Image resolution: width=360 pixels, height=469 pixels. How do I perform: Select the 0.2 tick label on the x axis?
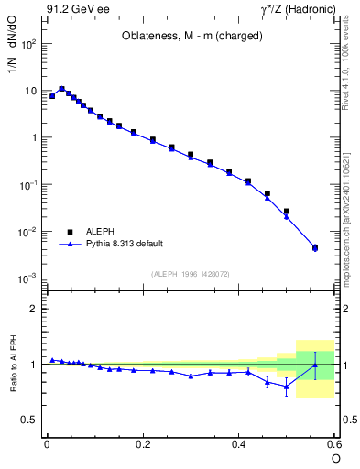[x=142, y=443]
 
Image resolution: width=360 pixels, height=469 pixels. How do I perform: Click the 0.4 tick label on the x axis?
[x=239, y=443]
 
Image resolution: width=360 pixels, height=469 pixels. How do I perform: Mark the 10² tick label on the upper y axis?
[x=27, y=44]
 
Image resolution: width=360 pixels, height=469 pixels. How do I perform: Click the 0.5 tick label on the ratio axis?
[x=28, y=420]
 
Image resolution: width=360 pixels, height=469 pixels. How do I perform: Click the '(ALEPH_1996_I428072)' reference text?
[x=189, y=273]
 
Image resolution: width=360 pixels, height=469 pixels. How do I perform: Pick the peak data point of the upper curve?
[x=61, y=89]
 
